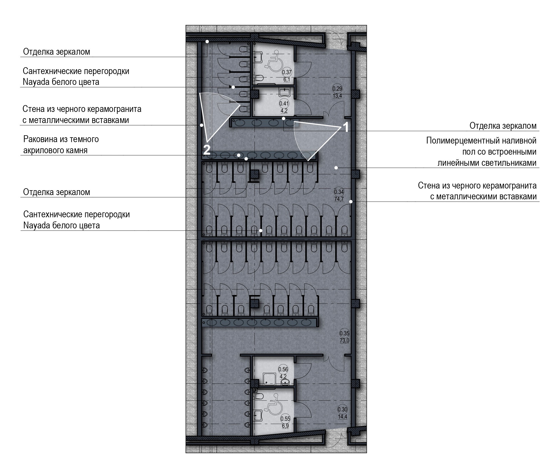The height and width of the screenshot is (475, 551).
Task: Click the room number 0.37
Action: click(x=286, y=72)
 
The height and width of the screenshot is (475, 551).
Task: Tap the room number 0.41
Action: click(x=284, y=103)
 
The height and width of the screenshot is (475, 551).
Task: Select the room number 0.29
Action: click(x=337, y=89)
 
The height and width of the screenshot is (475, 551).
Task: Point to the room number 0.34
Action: click(x=339, y=192)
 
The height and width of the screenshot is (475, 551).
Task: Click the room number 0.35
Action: click(x=344, y=333)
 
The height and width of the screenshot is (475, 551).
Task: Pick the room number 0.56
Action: click(x=283, y=369)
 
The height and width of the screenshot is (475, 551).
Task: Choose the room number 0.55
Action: click(x=285, y=419)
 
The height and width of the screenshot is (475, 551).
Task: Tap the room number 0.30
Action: click(x=343, y=410)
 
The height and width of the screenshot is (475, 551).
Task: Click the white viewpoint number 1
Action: click(x=345, y=127)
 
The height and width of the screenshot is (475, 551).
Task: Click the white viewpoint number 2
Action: click(x=206, y=150)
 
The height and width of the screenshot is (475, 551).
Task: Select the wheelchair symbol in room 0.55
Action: click(x=273, y=402)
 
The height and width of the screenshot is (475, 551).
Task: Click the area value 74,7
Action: click(x=339, y=199)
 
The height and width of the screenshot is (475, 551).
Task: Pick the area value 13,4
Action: click(x=337, y=96)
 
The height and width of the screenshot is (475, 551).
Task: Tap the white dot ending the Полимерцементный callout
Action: click(x=336, y=168)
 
